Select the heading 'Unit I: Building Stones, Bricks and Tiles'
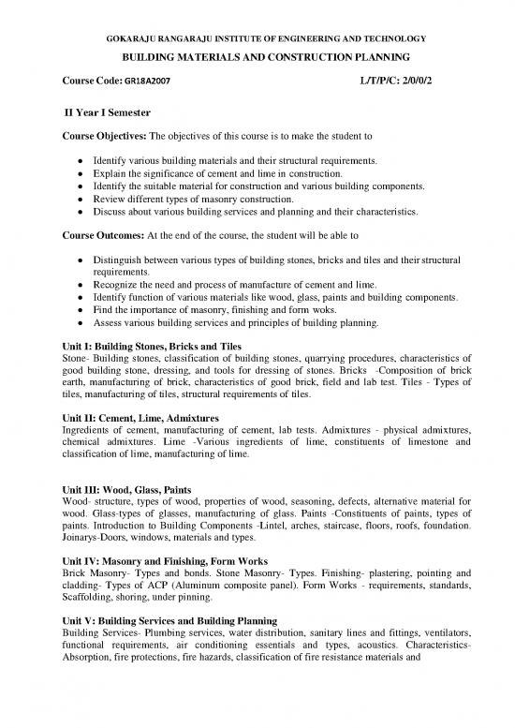tap(149, 345)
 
